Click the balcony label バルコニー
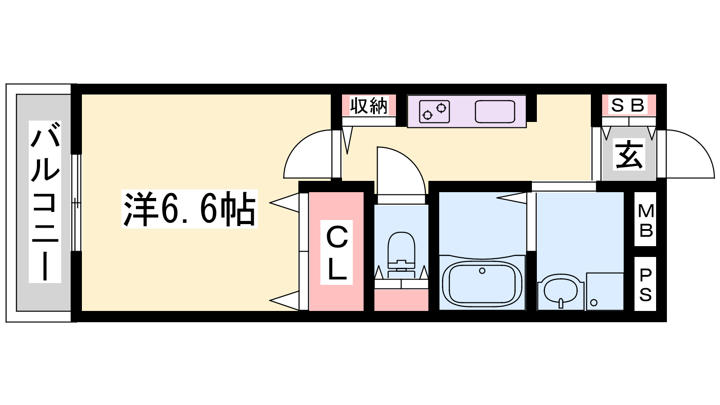[x=45, y=202]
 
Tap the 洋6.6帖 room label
[x=189, y=209]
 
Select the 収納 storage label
[x=369, y=105]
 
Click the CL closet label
[x=337, y=252]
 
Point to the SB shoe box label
[x=628, y=105]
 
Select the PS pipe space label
[x=645, y=284]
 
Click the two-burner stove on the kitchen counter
[x=434, y=112]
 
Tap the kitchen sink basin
[x=495, y=112]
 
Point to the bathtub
[x=482, y=282]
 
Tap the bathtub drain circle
[x=482, y=270]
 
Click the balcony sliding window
[x=76, y=202]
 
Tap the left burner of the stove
[x=427, y=115]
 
